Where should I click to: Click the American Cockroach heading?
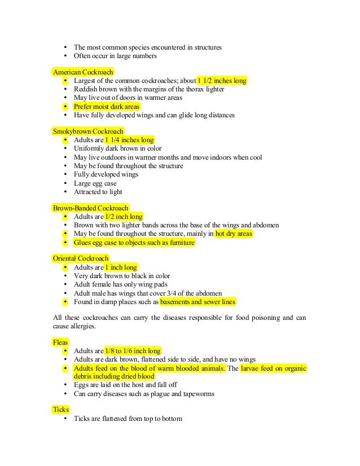(x=83, y=72)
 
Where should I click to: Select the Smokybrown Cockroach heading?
(x=88, y=131)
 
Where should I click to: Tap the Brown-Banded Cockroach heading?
(x=90, y=208)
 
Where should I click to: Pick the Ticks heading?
(x=60, y=410)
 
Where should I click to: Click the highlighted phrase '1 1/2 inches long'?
(x=222, y=81)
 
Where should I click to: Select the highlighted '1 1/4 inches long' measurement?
(x=129, y=140)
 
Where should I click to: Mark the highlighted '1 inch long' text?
(x=121, y=267)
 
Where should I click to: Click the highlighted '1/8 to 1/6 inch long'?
(x=133, y=351)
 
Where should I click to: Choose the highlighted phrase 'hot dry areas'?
(x=234, y=234)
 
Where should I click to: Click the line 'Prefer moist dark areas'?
(x=107, y=107)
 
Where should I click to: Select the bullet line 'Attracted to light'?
(x=98, y=192)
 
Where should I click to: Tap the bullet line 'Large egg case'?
(x=94, y=183)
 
